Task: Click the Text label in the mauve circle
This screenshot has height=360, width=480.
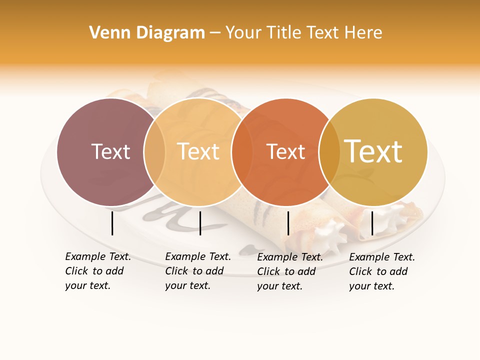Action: [110, 151]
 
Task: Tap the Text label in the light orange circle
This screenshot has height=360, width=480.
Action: [198, 151]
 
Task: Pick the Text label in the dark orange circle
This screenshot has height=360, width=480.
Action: [285, 151]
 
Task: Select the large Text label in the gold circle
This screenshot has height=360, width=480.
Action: [373, 151]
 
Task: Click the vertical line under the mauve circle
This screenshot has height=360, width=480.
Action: [112, 223]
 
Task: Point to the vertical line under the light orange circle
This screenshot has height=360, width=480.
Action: [200, 223]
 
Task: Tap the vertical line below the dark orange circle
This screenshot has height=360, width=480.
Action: [288, 223]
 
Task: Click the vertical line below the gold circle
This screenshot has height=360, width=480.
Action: [372, 223]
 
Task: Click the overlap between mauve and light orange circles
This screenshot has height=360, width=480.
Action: [154, 151]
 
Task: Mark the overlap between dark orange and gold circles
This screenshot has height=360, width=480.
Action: [329, 151]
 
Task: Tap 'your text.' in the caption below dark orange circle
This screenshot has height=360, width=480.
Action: [279, 286]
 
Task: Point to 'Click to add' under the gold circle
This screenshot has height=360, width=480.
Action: [378, 271]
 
